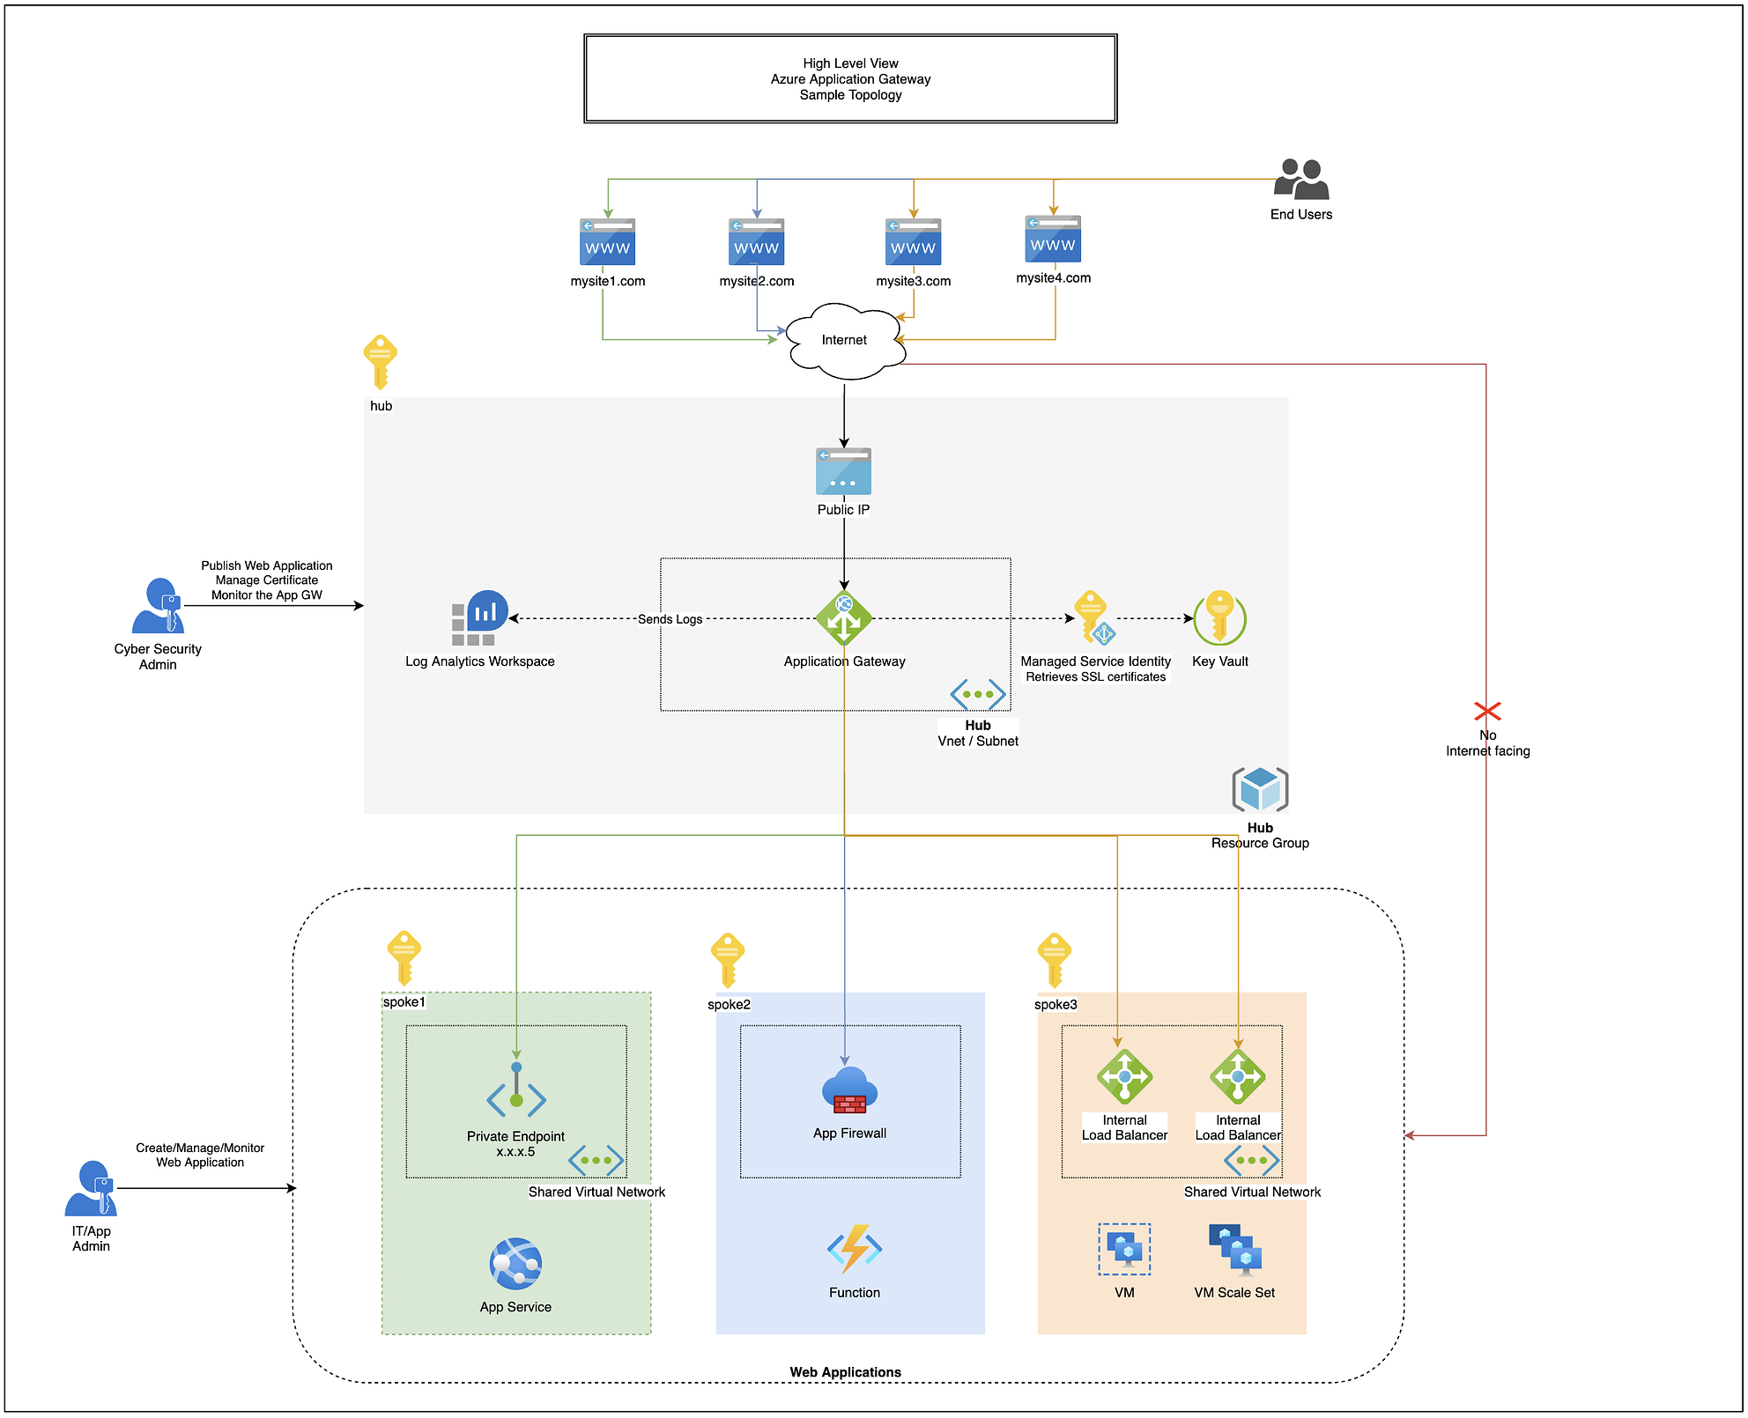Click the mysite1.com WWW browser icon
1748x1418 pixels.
[607, 242]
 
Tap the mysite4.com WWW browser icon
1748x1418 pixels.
[1053, 240]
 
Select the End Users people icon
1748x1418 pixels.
[1301, 180]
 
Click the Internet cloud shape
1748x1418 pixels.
[844, 341]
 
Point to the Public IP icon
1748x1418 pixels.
[843, 472]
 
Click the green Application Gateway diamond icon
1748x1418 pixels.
[843, 618]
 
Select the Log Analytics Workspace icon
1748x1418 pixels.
[480, 618]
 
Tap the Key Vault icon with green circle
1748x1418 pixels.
[1219, 618]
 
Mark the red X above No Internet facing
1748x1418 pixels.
[1487, 711]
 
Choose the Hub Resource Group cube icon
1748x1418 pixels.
[1260, 789]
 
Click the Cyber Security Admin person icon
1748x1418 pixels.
[158, 606]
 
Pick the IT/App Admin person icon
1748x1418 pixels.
[91, 1188]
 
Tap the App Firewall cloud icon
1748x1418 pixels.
[849, 1091]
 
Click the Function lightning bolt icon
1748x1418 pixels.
[854, 1249]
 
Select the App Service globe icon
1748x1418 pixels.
[515, 1265]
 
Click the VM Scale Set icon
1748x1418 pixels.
[1235, 1250]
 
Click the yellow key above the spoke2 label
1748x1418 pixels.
[728, 959]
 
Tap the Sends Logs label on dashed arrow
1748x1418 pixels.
[670, 619]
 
